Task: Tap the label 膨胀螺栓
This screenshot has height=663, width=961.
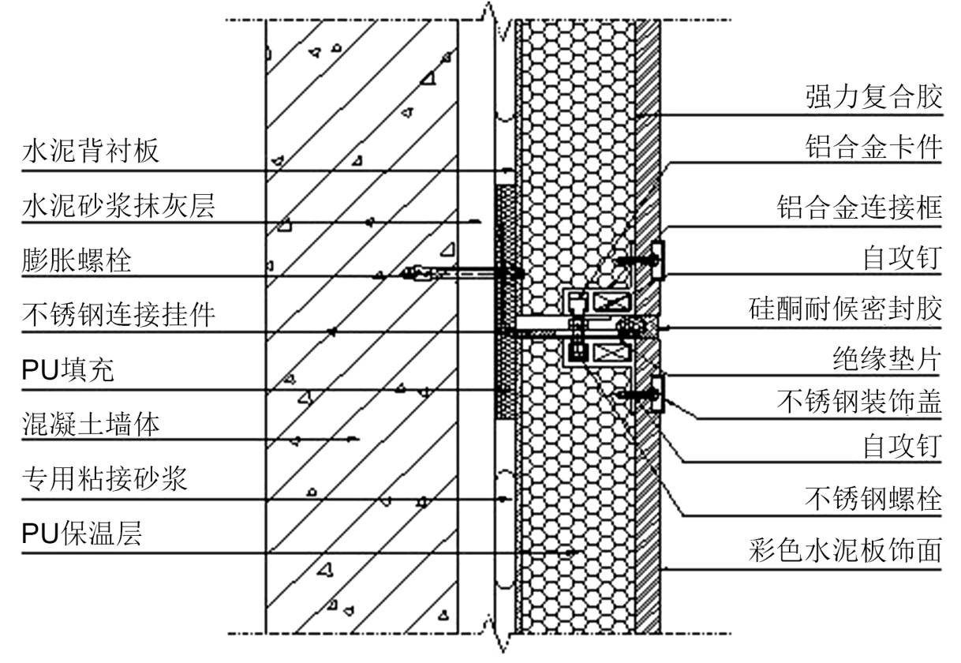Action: click(76, 260)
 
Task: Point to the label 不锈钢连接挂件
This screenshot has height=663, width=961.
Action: click(118, 315)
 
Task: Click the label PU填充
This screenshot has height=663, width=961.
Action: click(67, 371)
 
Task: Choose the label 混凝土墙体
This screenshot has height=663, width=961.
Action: click(90, 425)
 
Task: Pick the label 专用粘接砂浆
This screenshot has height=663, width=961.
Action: click(104, 479)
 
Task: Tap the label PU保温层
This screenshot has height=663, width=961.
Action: click(81, 534)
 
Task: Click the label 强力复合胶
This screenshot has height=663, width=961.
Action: click(873, 98)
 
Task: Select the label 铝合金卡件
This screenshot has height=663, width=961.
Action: click(873, 148)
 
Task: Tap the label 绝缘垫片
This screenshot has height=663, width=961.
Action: click(886, 360)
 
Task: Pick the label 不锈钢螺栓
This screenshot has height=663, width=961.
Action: click(873, 498)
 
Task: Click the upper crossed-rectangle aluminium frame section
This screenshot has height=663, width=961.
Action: click(611, 301)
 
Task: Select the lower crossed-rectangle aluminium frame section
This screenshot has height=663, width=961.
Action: click(611, 353)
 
